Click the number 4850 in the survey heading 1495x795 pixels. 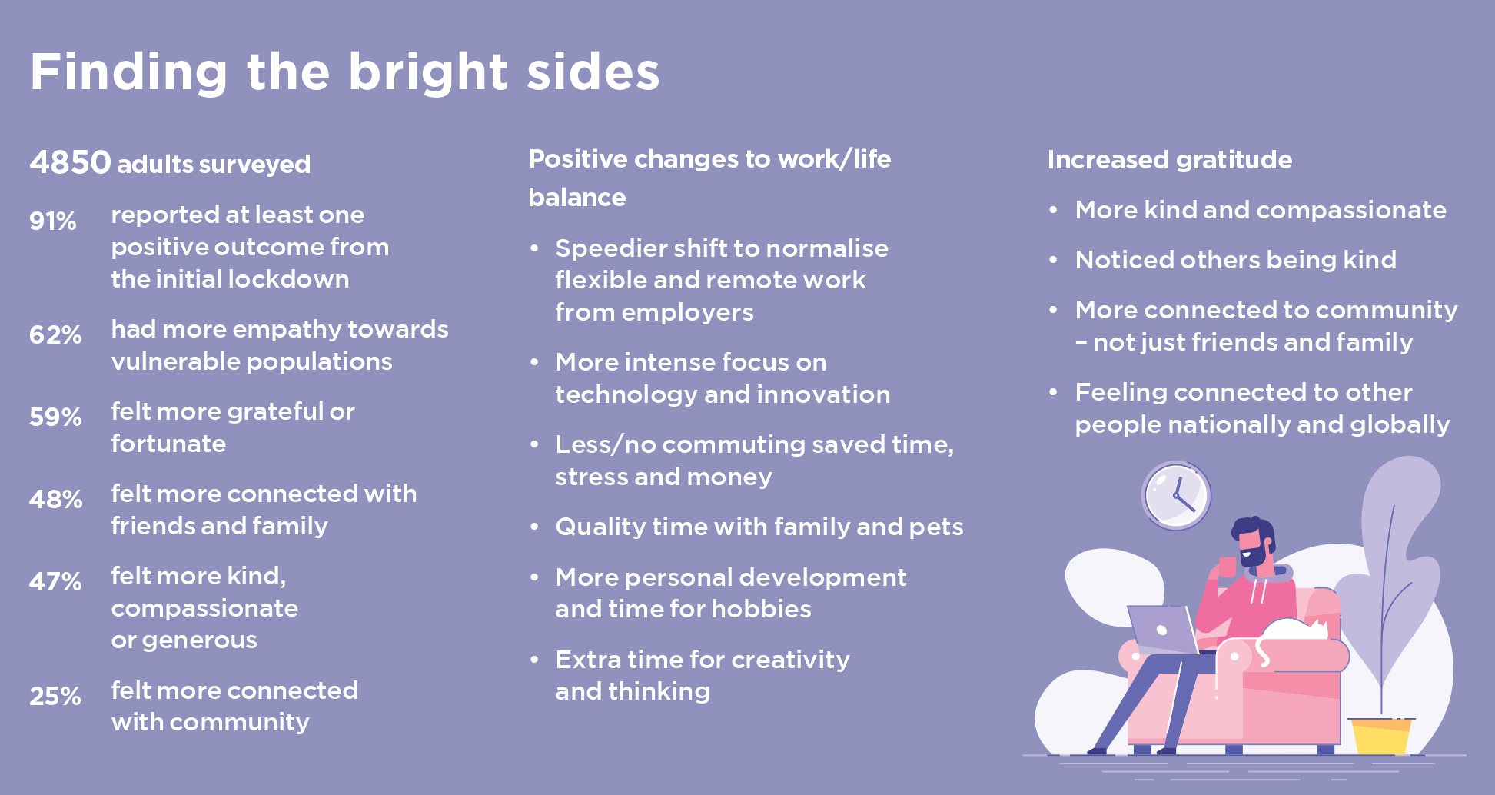70,162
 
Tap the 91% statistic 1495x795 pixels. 53,221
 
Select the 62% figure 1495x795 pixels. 55,335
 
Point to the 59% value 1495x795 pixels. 55,417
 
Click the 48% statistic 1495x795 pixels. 55,500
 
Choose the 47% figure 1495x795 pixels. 55,582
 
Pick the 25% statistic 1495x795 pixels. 55,697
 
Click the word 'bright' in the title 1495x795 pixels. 429,72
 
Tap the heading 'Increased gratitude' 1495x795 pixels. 1170,160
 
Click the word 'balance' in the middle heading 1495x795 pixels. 577,198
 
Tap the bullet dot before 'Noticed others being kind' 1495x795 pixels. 1054,260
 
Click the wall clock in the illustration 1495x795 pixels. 1176,496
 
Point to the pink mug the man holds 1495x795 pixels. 1228,567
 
